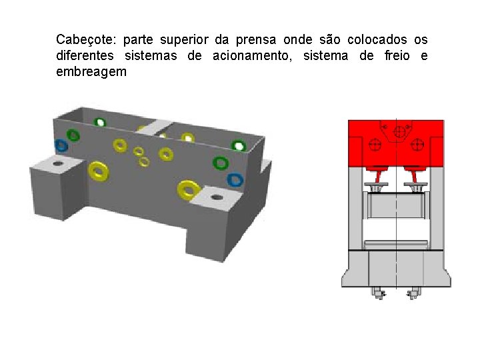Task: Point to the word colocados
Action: [373, 40]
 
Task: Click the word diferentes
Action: [85, 56]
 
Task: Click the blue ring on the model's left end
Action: [61, 145]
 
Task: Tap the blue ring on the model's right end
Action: [235, 179]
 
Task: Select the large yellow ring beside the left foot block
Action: [99, 170]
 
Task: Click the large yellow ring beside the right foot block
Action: [189, 190]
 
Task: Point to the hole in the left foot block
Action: [58, 163]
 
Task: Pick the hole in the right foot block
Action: [217, 197]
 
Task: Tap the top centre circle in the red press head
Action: [400, 132]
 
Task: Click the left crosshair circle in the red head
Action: [375, 144]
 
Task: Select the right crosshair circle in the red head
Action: [419, 144]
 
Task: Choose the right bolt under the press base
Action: [414, 292]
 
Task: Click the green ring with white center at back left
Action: [100, 122]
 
